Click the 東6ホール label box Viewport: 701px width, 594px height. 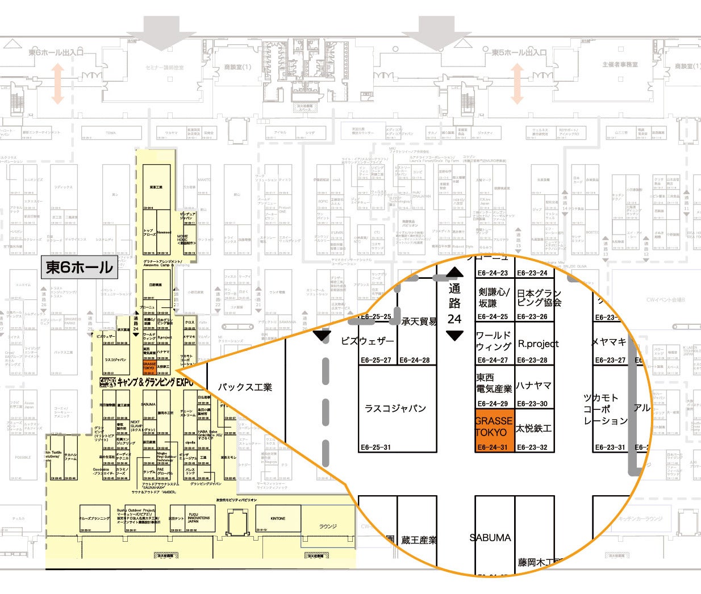[80, 267]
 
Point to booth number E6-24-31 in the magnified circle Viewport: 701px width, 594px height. [493, 447]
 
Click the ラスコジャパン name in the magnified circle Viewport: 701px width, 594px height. [395, 408]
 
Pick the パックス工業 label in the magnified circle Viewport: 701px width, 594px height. [245, 387]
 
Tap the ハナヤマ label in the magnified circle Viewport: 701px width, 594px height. [534, 386]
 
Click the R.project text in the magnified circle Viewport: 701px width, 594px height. [538, 344]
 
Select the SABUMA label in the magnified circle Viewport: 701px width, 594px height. [490, 537]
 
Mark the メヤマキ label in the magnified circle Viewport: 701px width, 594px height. [608, 342]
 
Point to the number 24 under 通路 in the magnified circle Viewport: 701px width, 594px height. [454, 319]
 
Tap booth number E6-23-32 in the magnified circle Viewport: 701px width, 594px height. [533, 447]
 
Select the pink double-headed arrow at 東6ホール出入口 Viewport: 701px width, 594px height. [57, 83]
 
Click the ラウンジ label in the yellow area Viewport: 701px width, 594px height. [328, 526]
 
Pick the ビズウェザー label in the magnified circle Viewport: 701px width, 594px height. [367, 341]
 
